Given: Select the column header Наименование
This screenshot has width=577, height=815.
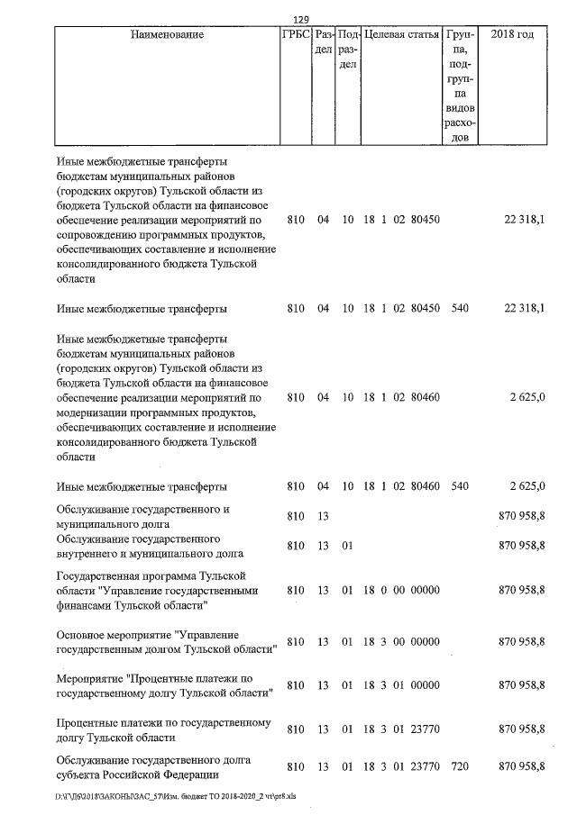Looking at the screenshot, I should click(x=167, y=35).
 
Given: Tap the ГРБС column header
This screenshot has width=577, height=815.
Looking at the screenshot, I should click(x=298, y=35).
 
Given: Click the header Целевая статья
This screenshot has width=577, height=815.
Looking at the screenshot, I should click(x=401, y=35).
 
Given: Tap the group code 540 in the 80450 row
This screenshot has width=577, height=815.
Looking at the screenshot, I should click(x=460, y=309).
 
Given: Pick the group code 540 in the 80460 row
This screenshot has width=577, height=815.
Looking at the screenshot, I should click(x=460, y=486).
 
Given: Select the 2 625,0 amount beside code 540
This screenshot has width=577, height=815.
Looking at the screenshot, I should click(x=527, y=486).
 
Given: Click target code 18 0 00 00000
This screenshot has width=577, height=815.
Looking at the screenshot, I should click(x=401, y=590).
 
